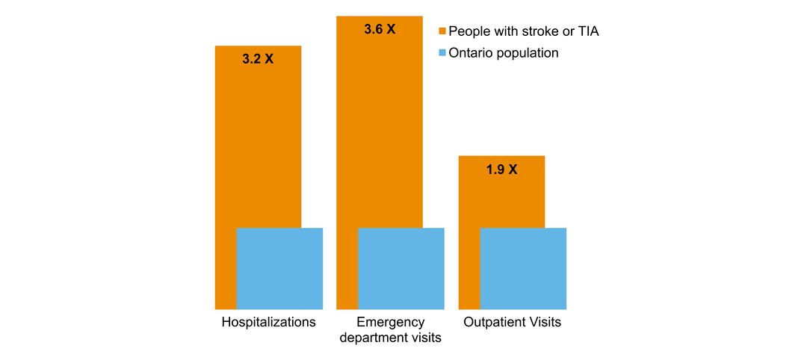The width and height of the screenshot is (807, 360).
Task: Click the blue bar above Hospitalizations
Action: tap(279, 268)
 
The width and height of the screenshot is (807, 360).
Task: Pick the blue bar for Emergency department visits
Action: tap(401, 268)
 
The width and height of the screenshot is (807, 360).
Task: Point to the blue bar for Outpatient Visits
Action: tap(523, 268)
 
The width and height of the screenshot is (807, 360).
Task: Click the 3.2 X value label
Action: tap(258, 59)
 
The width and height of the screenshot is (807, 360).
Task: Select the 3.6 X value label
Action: tap(380, 31)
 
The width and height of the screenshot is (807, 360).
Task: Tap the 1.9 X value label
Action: tap(501, 170)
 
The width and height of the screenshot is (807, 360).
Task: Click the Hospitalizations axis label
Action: tap(268, 323)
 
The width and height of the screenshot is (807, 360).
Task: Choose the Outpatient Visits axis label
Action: tap(512, 323)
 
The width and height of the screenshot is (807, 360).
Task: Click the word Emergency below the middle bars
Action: tap(390, 323)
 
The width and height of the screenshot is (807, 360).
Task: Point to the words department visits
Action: tap(390, 338)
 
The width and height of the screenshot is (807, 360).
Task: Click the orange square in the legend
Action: tap(442, 31)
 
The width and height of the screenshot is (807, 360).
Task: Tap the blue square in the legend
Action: tap(442, 53)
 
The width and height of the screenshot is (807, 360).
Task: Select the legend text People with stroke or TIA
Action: tap(523, 31)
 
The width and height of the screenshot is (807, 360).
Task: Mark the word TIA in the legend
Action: tap(587, 31)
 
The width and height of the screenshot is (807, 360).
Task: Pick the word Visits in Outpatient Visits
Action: tap(545, 323)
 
